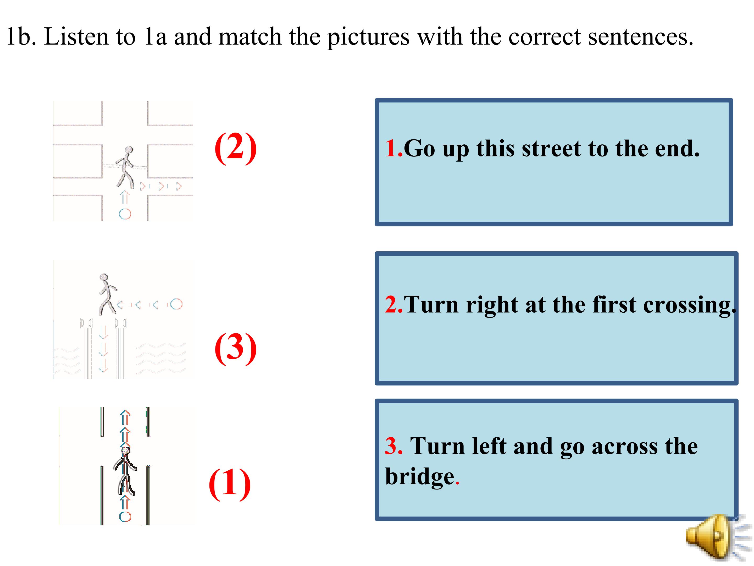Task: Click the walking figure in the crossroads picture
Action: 125,167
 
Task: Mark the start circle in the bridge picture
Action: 176,304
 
